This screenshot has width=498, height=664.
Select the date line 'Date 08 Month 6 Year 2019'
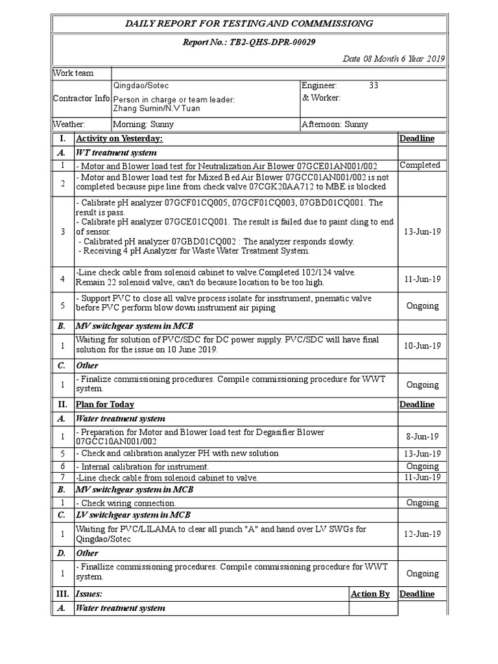pos(394,59)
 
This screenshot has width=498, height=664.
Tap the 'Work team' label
pos(73,74)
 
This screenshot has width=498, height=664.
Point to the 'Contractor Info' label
pos(81,98)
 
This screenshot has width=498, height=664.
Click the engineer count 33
pos(373,86)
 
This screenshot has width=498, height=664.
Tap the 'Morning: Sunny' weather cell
pos(141,124)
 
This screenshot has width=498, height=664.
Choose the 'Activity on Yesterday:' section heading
pos(119,139)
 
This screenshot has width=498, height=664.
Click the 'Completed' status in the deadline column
pos(420,165)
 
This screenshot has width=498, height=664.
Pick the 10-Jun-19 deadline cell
pos(422,346)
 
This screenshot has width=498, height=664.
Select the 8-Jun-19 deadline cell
pos(422,437)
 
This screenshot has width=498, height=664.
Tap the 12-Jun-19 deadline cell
pos(422,534)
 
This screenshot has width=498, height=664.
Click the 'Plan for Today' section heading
pos(105,405)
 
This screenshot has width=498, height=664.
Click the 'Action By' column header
pos(370,594)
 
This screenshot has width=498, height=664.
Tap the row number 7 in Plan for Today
pos(63,478)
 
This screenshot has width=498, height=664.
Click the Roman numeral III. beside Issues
pos(63,594)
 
